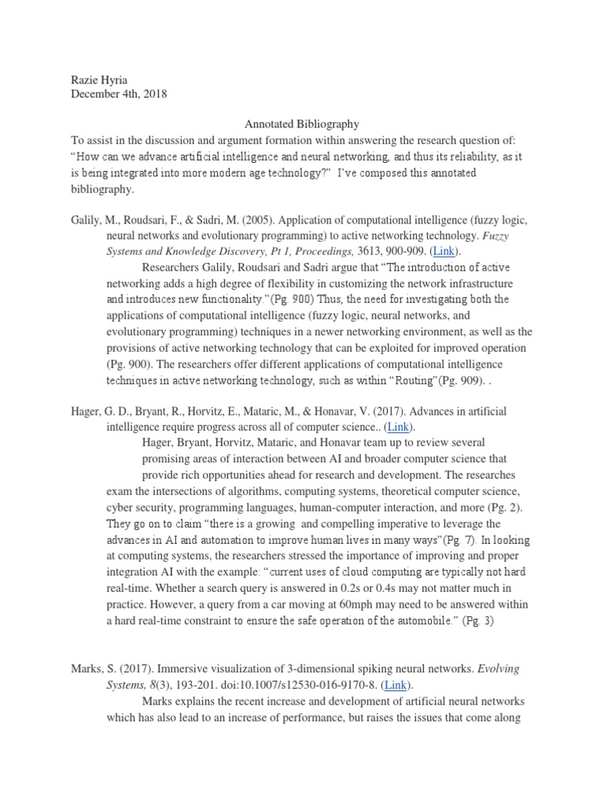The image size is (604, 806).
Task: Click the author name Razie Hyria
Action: point(97,79)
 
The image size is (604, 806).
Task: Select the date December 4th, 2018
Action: point(118,94)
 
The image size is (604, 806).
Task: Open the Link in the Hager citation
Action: point(398,426)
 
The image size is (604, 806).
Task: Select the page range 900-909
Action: point(412,251)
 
